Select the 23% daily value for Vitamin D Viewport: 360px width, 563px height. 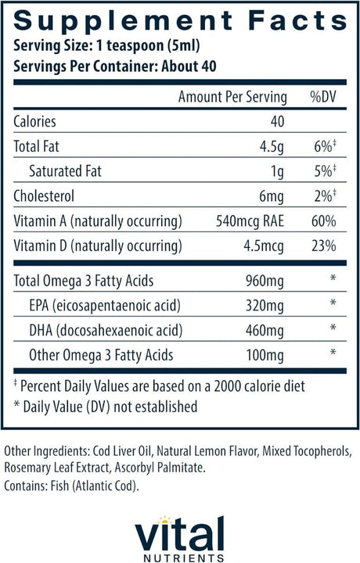coord(323,246)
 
